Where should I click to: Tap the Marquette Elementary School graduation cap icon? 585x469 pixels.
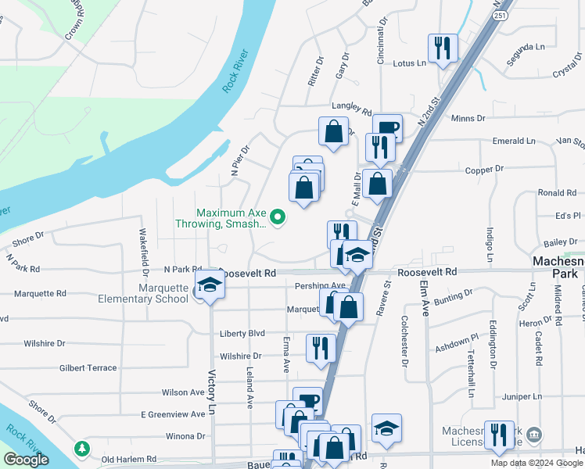210,286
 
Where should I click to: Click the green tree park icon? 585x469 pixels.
81,449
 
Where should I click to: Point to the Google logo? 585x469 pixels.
26,460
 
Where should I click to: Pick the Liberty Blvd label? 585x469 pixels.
242,333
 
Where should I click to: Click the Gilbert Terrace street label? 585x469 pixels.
88,367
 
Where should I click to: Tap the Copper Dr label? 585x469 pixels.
484,169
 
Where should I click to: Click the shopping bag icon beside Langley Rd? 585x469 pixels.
334,131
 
